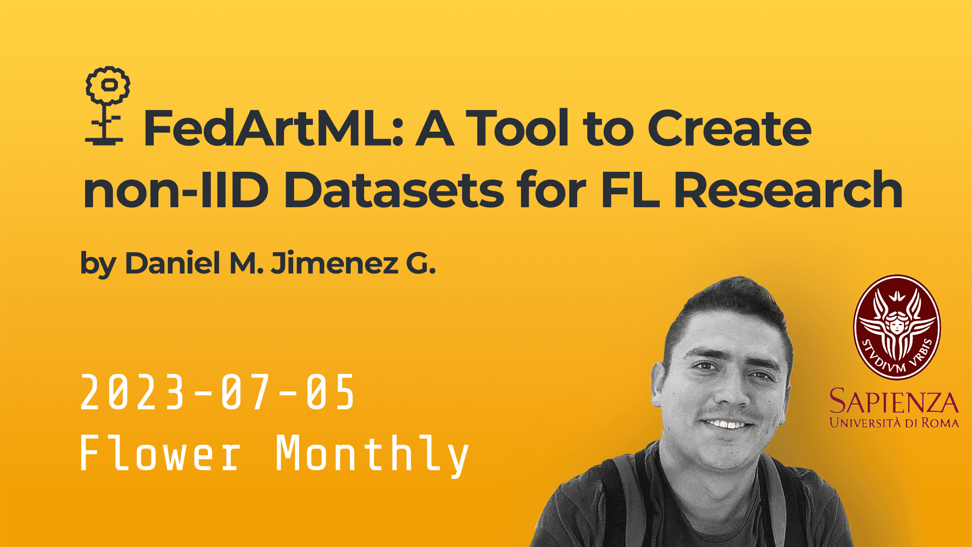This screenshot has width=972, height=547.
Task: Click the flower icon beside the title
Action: point(107,106)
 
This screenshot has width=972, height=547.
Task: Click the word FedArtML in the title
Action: point(273,129)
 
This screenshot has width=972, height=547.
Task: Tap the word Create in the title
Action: point(730,129)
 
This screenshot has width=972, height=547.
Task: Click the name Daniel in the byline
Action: point(173,263)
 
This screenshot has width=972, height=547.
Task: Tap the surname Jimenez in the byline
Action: point(335,263)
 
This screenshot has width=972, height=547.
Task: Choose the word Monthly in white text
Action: point(372,456)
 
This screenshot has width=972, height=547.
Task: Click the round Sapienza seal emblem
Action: point(897,327)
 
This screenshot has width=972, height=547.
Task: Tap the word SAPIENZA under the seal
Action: point(894,402)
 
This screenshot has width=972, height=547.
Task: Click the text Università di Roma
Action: point(894,422)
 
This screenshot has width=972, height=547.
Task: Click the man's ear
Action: point(659,385)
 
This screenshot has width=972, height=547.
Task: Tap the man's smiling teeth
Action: point(726,423)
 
